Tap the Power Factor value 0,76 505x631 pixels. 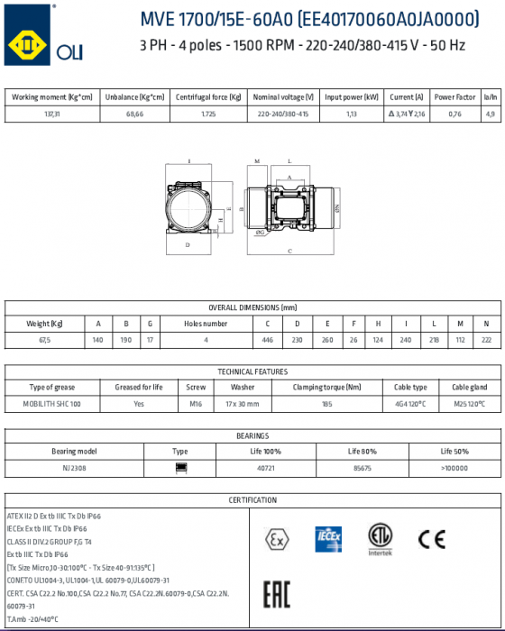tap(454, 114)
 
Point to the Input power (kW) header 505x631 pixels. tap(352, 96)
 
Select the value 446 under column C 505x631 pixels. tap(267, 340)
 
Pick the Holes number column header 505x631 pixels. tap(206, 323)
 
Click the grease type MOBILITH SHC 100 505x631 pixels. tap(51, 404)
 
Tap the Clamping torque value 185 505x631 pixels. tap(326, 404)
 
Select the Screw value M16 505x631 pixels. tap(196, 404)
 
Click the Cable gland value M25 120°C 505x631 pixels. tap(469, 404)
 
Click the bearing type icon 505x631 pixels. tap(180, 468)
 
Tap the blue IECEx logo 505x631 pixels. tap(327, 538)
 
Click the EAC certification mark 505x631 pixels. tap(275, 594)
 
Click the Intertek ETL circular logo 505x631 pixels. tap(381, 538)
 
